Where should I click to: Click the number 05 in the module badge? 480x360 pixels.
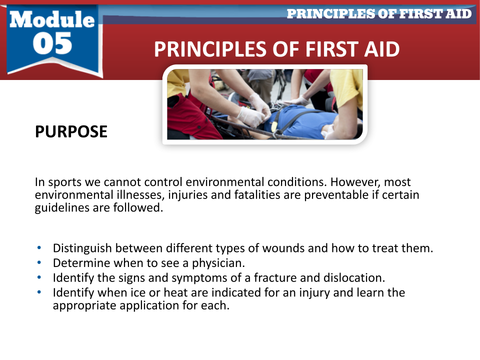tap(52, 43)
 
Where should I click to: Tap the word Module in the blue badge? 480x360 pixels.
tap(52, 19)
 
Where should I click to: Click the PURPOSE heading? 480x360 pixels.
tap(71, 131)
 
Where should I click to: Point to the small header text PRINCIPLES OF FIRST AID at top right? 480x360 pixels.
tap(379, 14)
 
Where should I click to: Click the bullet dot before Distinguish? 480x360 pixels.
tap(39, 247)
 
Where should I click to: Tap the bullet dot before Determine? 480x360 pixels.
tap(39, 262)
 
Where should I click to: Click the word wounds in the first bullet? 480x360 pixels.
tap(283, 248)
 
